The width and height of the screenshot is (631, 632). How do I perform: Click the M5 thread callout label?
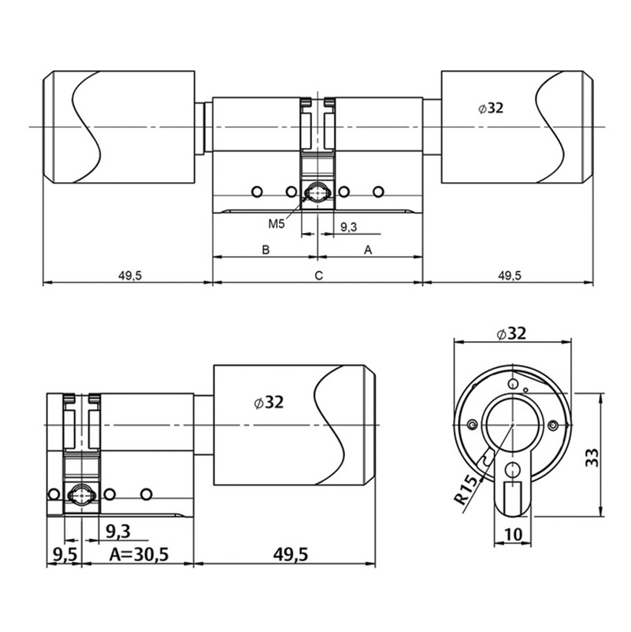pos(276,225)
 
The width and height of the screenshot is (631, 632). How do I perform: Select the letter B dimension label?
pos(266,250)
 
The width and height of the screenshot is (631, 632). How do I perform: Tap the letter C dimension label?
pos(318,275)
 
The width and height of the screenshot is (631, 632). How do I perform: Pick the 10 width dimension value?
pos(513,534)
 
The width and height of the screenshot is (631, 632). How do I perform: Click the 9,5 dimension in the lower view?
pos(64,554)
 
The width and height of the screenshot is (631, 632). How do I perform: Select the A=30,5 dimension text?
pos(139,554)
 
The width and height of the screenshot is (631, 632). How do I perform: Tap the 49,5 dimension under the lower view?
pos(290,554)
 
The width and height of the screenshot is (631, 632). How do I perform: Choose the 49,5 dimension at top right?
pos(510,275)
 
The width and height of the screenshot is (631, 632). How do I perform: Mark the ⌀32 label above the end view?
pos(511,333)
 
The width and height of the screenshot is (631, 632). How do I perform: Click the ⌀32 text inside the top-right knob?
pos(490,108)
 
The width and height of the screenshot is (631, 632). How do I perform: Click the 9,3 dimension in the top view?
pos(349,227)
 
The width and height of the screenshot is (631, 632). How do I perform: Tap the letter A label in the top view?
pos(367,250)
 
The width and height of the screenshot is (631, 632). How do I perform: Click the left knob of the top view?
pos(118,127)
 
